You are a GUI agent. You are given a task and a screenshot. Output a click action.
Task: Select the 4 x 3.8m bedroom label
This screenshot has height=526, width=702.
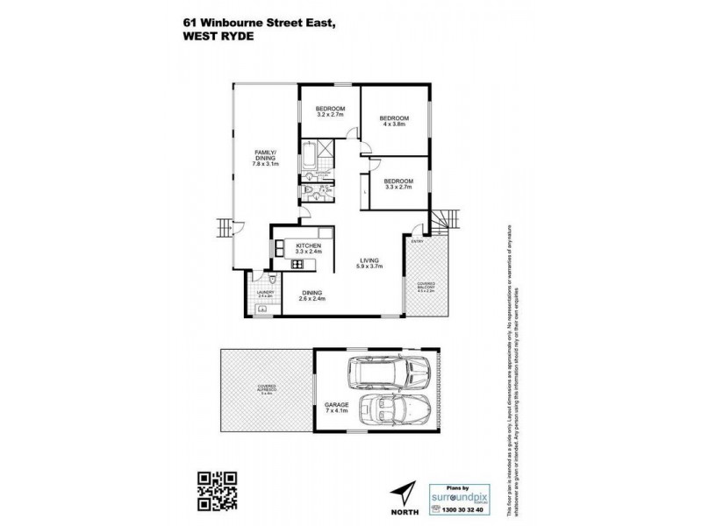pos(394,121)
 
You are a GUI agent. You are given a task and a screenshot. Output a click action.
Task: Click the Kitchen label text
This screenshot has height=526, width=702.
pos(308,248)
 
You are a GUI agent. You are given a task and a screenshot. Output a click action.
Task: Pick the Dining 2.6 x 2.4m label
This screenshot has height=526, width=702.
pos(313,295)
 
